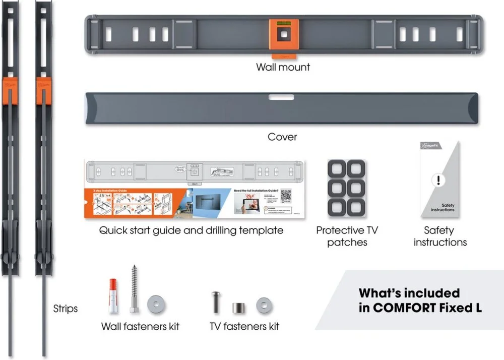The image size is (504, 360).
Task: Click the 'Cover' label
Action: point(282,137)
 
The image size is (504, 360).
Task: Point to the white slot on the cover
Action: point(282,97)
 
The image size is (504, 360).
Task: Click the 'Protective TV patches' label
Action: point(347,236)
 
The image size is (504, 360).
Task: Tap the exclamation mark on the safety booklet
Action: point(439,180)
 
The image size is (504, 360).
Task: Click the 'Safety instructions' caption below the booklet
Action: point(440,236)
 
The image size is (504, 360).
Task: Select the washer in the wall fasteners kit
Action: point(156,305)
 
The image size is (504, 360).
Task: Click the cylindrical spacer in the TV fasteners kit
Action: point(238,307)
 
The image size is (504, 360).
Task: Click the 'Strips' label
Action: point(66,308)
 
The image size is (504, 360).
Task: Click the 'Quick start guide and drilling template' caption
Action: point(191,230)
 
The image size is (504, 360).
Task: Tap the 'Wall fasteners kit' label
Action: point(140,326)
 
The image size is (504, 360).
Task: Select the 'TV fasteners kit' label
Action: point(244,326)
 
